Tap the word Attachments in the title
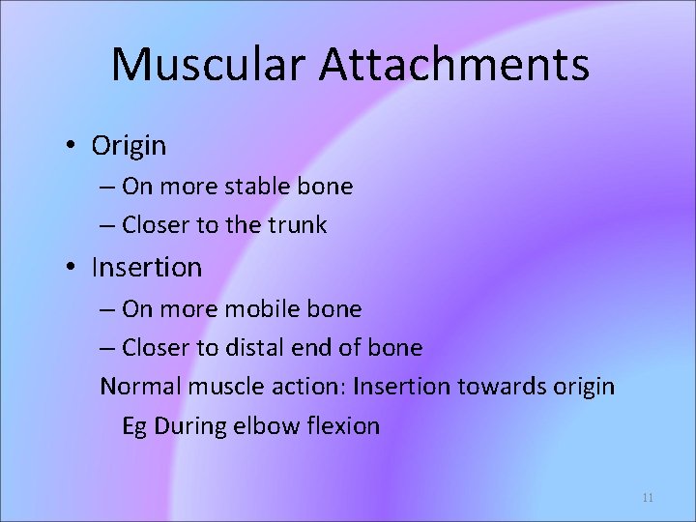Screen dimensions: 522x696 (454, 64)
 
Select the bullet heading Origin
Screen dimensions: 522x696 (129, 146)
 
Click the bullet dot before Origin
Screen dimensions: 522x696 (72, 146)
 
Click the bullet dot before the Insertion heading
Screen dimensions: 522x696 (72, 267)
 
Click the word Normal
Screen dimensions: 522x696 (143, 387)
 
